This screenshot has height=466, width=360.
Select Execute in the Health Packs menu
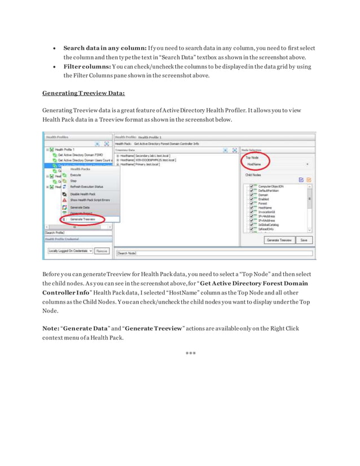76,175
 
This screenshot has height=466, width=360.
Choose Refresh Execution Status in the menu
86,186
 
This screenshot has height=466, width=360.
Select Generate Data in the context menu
80,207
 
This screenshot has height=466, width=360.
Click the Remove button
102,250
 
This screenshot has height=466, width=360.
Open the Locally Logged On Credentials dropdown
69,250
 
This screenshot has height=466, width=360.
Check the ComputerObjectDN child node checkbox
252,187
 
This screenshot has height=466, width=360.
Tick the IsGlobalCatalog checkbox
252,225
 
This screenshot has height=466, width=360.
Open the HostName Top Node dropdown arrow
308,165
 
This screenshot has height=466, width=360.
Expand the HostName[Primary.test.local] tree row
117,164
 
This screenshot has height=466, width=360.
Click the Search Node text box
213,253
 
